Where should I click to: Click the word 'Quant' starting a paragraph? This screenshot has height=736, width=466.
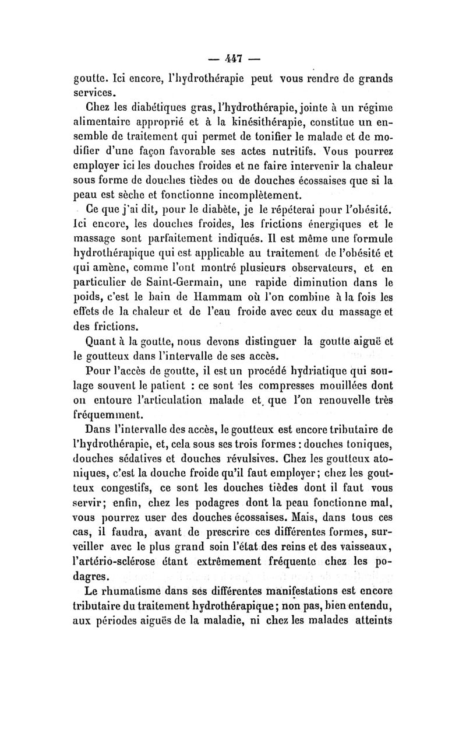click(103, 338)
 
